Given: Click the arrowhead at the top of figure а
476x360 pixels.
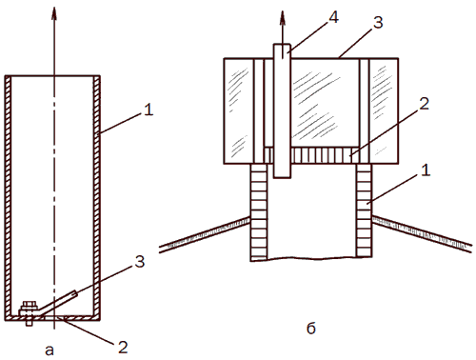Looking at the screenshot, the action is click(54, 13).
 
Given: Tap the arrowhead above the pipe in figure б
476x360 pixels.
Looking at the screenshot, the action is click(282, 18).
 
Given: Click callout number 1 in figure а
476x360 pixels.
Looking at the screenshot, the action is click(149, 110).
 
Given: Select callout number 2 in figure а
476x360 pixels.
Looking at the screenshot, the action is click(123, 348).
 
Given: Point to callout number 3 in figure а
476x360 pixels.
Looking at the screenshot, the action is click(140, 262).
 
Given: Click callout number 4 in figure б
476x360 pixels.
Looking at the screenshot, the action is click(333, 17).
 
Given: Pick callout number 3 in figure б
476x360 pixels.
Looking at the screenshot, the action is click(378, 23).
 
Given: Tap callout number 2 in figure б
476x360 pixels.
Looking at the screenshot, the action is click(425, 104).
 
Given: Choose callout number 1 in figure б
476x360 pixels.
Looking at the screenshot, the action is click(426, 170).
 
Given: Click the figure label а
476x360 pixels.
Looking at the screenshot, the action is click(50, 350).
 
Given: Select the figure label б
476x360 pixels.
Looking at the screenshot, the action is click(311, 328).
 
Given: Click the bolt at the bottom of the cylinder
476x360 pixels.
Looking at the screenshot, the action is click(29, 313).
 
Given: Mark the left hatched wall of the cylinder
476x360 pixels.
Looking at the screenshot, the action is click(8, 197).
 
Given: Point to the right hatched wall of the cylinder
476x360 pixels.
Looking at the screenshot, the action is click(97, 197).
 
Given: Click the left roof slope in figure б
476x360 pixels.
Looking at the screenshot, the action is click(205, 234).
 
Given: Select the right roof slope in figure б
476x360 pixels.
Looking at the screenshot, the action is click(422, 234).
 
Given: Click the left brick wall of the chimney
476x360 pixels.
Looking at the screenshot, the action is click(259, 211).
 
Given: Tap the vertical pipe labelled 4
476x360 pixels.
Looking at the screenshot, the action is click(282, 110).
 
